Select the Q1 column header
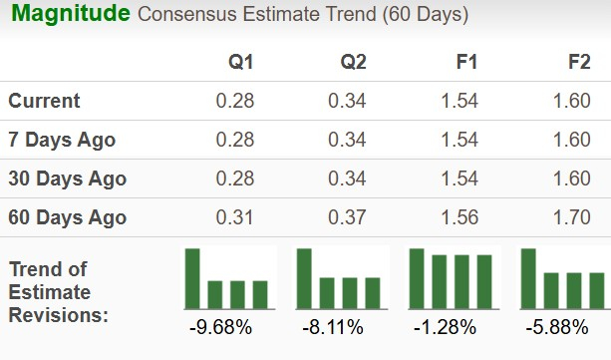pos(240,63)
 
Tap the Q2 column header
pos(353,63)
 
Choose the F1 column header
pos(465,63)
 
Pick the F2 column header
pos(578,63)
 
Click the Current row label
pos(45,101)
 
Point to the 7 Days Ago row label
pos(62,140)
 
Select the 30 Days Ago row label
pos(67,179)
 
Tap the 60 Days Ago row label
pos(67,217)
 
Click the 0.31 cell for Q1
pos(235,217)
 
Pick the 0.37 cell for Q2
pos(348,217)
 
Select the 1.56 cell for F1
pos(460,217)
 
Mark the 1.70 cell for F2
pos(573,217)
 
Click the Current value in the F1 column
pos(460,101)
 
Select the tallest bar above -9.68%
pos(192,278)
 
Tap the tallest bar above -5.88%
pos(529,278)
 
